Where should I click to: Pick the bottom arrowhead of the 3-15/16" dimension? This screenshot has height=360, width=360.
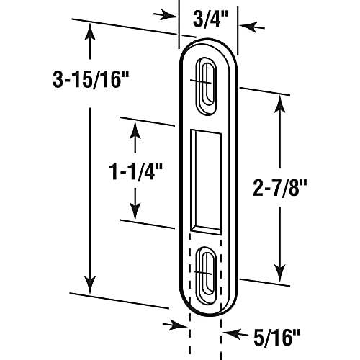(x=89, y=285)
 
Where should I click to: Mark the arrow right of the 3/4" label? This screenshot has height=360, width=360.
(x=247, y=27)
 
